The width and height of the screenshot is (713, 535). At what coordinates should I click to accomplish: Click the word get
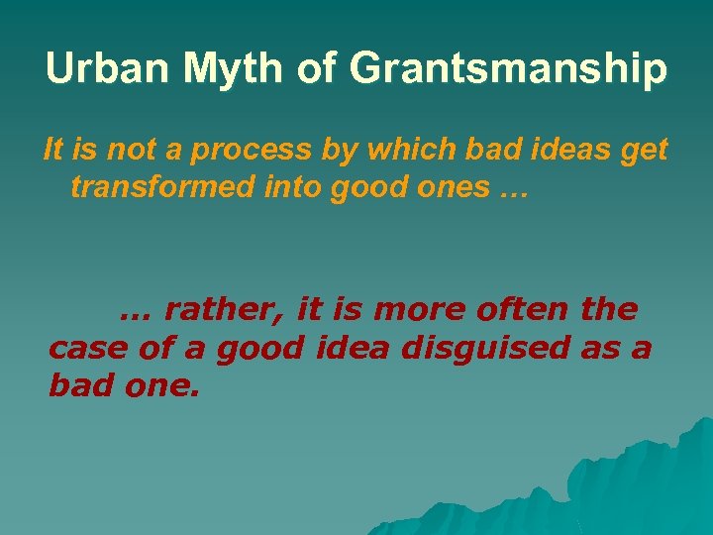pos(645,152)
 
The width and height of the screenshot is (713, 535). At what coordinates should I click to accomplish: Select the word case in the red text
pos(90,349)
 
